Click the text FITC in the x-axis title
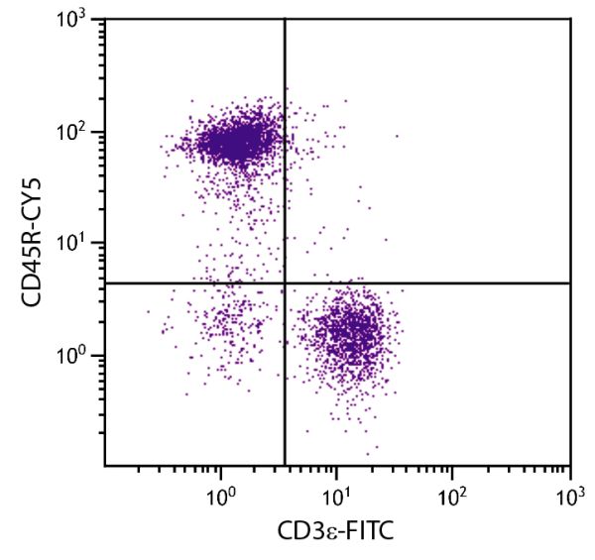(369, 533)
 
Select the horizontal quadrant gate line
(446, 283)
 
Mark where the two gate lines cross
(286, 283)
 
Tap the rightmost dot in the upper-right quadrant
(397, 136)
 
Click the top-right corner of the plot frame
(570, 19)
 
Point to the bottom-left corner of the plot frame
(104, 466)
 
